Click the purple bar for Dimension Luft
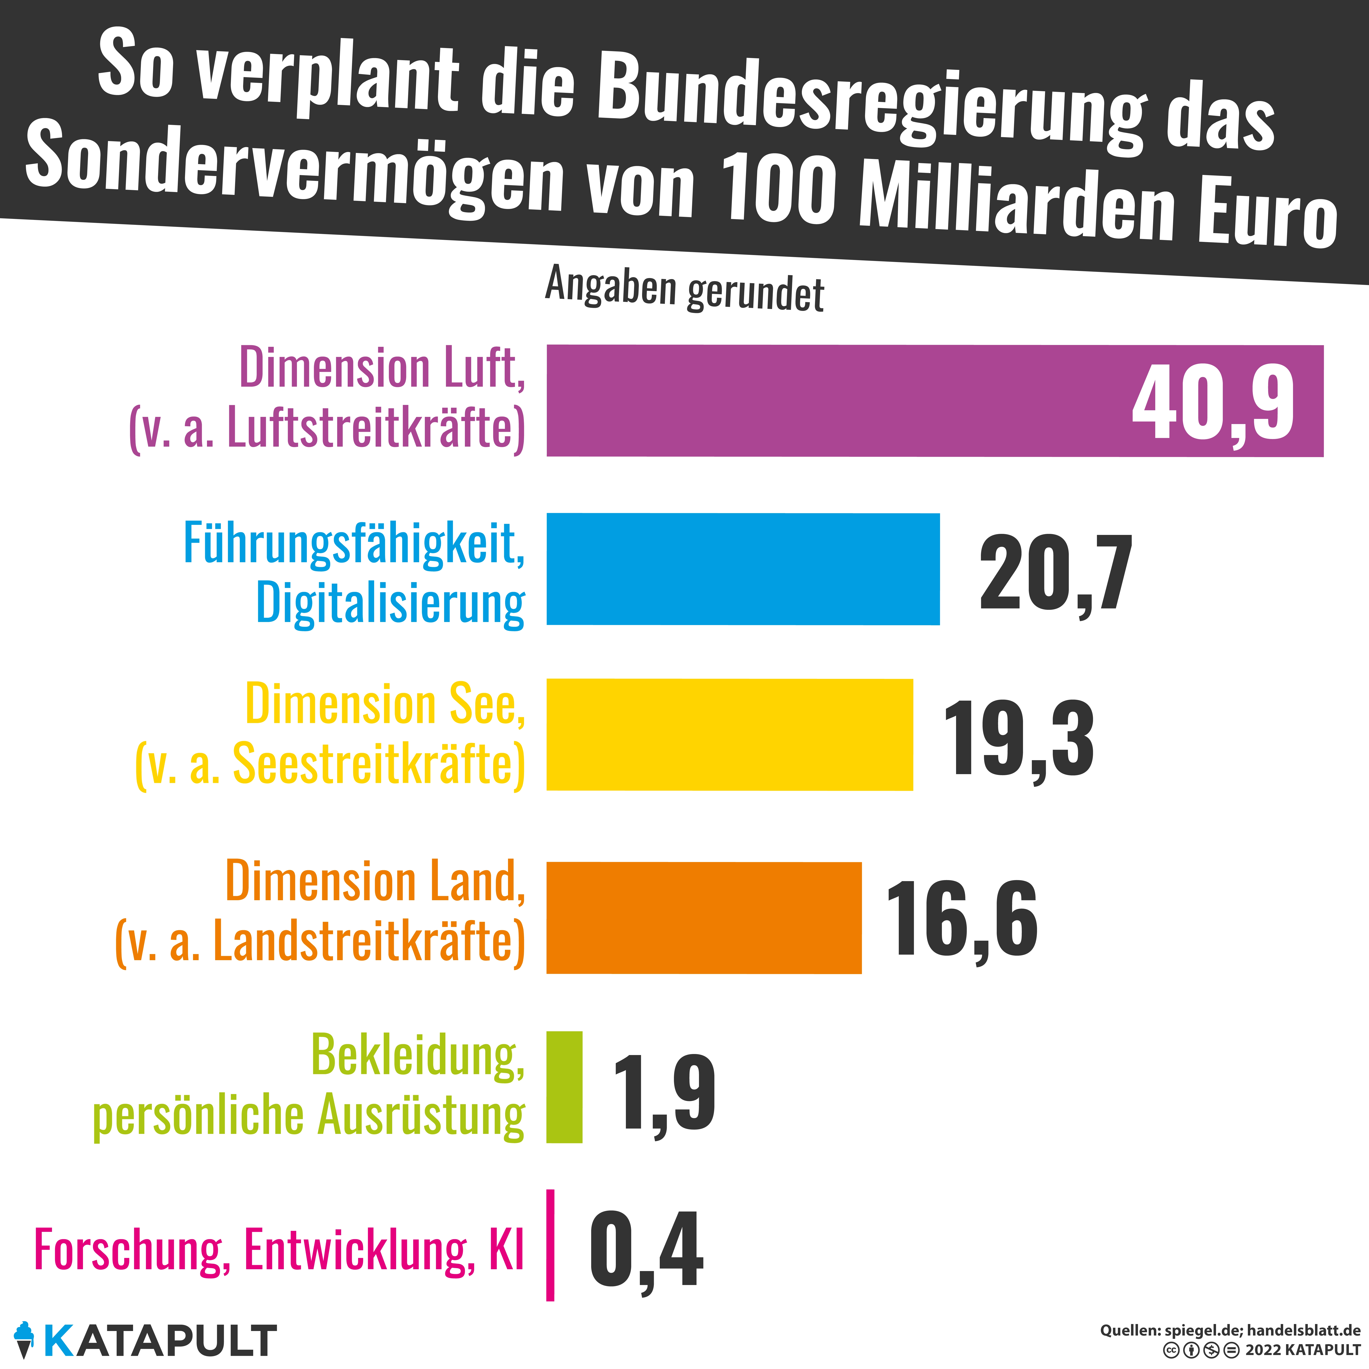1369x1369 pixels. (x=836, y=401)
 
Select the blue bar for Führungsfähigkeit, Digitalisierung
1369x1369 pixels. (x=743, y=569)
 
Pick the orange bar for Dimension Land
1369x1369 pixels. (x=704, y=918)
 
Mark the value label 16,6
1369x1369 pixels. (x=962, y=920)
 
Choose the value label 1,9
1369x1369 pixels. (x=664, y=1093)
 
